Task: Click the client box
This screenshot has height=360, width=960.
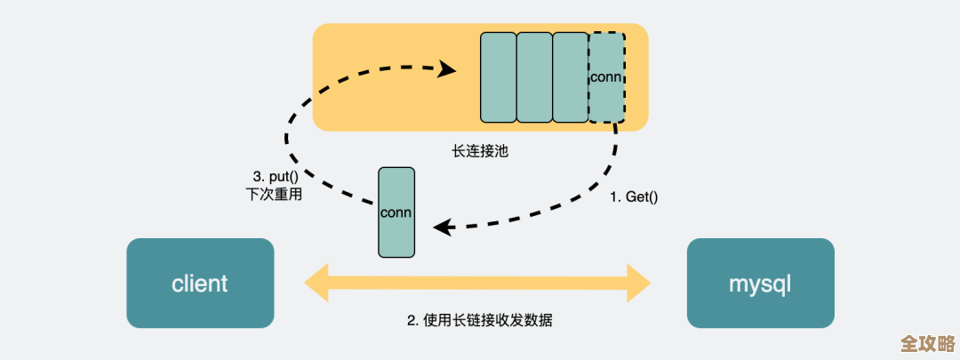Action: pos(200,284)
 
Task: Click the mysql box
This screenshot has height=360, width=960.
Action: pos(760,284)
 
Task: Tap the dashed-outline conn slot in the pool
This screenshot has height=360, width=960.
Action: pos(606,77)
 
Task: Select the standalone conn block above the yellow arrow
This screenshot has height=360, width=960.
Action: pos(396,212)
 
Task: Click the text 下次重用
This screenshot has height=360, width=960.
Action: pos(274,194)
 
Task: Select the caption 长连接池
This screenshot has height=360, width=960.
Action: pos(480,151)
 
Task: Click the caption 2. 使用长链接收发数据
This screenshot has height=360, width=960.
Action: pos(480,320)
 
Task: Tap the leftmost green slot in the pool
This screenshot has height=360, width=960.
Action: pos(498,77)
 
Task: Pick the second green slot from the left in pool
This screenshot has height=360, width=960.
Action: pos(534,77)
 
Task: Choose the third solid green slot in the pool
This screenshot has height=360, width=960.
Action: pos(570,77)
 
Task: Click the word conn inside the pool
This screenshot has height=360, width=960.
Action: pos(606,76)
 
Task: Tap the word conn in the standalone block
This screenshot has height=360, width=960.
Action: pos(396,213)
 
